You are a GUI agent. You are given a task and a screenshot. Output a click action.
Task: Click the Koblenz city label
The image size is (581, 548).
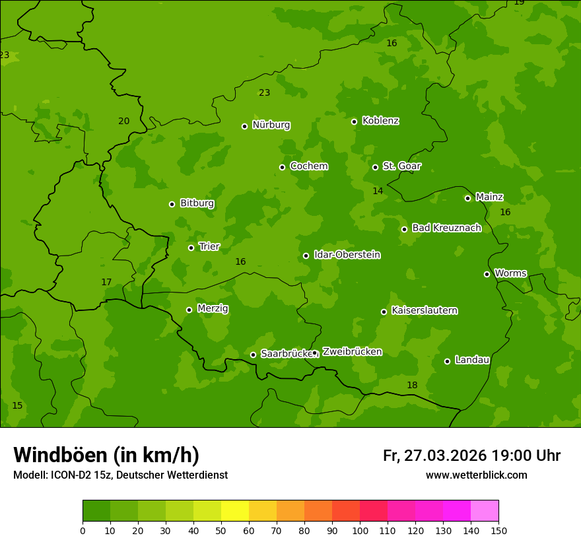tap(380, 121)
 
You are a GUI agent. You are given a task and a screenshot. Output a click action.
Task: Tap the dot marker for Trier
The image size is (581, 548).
tap(191, 248)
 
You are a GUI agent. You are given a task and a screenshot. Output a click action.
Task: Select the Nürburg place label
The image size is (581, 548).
tap(271, 125)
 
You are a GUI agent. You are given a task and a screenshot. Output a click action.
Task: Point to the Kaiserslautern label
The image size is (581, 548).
tap(424, 310)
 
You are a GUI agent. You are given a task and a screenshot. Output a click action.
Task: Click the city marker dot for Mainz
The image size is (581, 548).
tap(467, 198)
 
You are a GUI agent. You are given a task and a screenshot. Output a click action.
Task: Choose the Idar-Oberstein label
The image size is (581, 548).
tap(347, 255)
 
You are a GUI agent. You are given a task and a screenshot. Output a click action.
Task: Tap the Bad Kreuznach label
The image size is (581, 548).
tap(446, 228)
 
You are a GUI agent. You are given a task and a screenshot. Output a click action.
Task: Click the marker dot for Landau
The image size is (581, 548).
tap(447, 361)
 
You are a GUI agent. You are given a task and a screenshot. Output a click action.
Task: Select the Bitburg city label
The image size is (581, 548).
tap(197, 203)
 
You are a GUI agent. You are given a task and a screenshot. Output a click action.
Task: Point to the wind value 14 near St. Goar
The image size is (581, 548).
tap(378, 191)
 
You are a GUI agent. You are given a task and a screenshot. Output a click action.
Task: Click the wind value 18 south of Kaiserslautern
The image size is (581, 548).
tap(412, 385)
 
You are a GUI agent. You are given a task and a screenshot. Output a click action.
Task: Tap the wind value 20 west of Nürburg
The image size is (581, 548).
tap(123, 121)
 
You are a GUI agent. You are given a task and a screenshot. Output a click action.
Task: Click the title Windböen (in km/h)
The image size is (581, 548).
tap(106, 455)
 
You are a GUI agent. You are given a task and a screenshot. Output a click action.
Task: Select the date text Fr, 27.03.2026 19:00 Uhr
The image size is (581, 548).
tap(471, 456)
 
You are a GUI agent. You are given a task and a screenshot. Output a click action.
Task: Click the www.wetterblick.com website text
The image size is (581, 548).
tap(476, 475)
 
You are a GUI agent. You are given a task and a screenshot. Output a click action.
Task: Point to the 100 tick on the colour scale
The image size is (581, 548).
tap(360, 530)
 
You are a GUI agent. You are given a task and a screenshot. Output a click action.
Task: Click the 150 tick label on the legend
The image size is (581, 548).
tap(498, 530)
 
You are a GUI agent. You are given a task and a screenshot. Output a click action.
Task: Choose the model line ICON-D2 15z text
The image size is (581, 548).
tap(120, 475)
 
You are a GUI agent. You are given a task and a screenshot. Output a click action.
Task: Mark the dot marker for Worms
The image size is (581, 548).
tap(487, 274)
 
